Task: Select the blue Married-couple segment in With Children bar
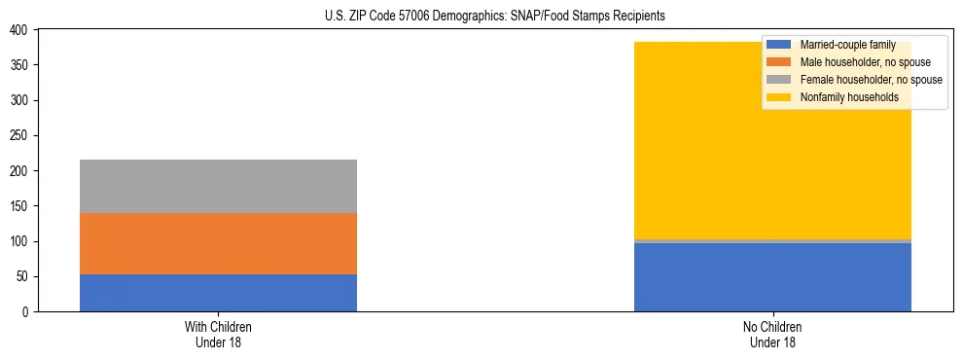click(218, 293)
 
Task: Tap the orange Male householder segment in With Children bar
click(218, 243)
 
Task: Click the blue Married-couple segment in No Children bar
click(772, 277)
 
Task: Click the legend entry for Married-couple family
click(847, 45)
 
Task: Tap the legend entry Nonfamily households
click(848, 97)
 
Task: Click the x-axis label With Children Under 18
click(218, 334)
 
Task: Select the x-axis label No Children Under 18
click(772, 334)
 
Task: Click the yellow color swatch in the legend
click(779, 97)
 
